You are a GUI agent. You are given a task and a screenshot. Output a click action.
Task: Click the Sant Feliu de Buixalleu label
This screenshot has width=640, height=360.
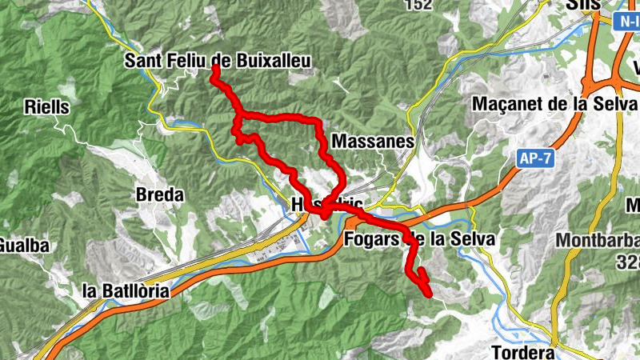[x=218, y=61]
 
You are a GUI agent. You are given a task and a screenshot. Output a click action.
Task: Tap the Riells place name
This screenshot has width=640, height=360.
[x=48, y=106]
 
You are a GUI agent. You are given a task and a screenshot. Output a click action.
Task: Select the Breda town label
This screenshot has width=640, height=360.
[x=160, y=194]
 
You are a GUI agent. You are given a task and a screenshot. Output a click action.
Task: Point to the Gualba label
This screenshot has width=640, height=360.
[x=23, y=244]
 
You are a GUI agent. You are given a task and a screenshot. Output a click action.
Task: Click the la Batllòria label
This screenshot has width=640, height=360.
[x=126, y=291]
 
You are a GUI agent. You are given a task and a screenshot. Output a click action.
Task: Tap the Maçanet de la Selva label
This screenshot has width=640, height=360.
[x=554, y=104]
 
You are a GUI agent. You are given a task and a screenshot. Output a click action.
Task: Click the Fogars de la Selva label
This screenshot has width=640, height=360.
[x=420, y=238]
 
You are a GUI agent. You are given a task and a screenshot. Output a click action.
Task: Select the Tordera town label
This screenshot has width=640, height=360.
[x=523, y=353]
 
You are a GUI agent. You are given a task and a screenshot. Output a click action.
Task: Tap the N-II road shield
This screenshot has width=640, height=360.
[x=628, y=22]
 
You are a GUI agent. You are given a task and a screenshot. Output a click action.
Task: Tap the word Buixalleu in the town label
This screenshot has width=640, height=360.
[x=266, y=61]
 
